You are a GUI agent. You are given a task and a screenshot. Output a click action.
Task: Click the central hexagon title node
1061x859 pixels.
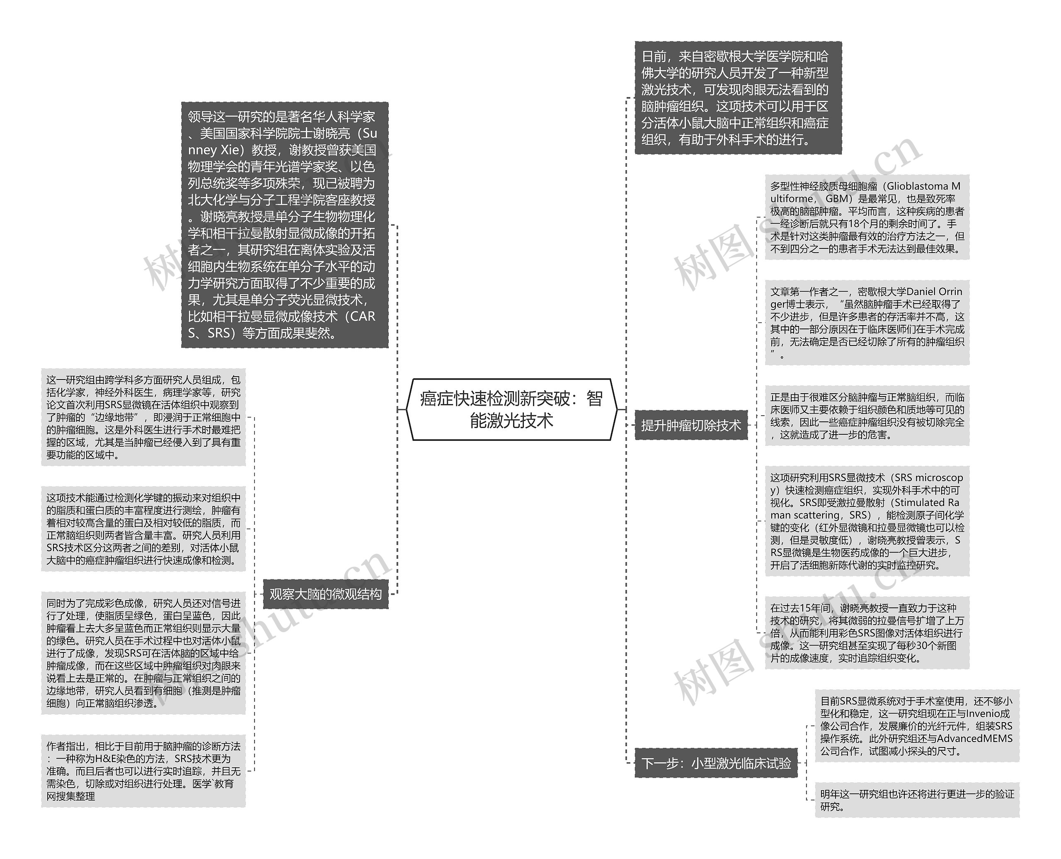(x=512, y=409)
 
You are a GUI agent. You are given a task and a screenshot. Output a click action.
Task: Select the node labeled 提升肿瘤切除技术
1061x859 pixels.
(x=691, y=425)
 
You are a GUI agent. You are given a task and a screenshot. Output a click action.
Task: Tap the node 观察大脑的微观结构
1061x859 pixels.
(x=325, y=594)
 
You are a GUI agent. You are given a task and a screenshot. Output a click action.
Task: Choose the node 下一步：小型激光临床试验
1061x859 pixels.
(x=716, y=763)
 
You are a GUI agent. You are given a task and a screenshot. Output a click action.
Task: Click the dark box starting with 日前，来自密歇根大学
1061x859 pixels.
(x=738, y=98)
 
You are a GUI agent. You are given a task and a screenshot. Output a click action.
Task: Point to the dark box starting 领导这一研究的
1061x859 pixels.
(x=285, y=225)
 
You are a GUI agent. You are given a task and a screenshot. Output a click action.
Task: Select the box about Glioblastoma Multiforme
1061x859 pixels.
(x=867, y=217)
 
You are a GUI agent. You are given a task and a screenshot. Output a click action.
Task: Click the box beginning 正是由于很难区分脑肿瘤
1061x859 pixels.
(x=867, y=416)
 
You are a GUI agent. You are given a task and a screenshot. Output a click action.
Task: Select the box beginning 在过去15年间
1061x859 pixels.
(x=867, y=633)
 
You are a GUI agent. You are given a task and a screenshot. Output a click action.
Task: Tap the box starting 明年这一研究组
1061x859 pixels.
(x=917, y=800)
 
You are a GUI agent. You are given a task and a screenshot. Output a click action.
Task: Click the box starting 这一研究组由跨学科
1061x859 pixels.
(x=143, y=417)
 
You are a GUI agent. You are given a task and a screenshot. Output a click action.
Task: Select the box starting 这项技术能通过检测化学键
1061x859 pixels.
(x=143, y=529)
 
